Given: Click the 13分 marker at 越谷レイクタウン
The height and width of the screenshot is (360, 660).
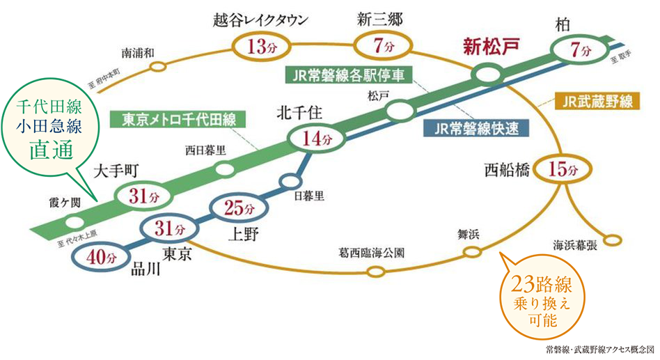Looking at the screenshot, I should click(257, 47).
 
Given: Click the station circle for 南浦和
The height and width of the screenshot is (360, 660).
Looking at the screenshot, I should click(158, 68).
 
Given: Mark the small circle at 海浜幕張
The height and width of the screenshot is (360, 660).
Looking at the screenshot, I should click(612, 240).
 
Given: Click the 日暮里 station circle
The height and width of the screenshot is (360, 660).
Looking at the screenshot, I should click(290, 182).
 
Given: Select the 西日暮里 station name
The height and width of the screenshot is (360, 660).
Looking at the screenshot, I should click(205, 149).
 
